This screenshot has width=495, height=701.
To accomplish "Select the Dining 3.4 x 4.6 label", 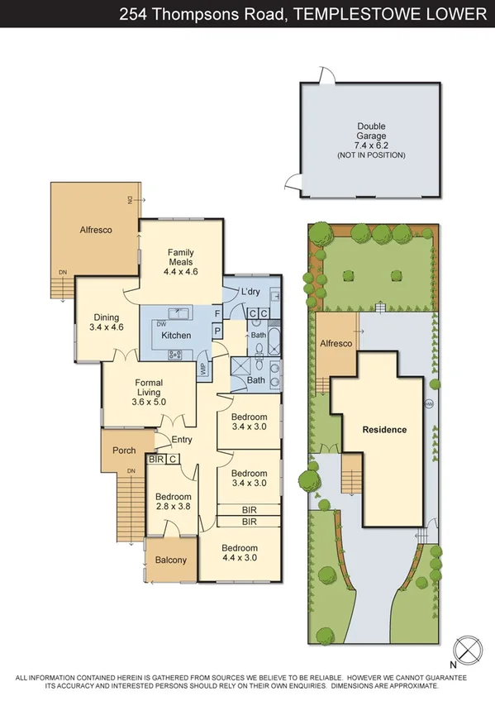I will (106, 322).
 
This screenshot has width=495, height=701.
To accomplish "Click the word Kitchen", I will (176, 336).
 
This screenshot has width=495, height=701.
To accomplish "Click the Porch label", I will (124, 451).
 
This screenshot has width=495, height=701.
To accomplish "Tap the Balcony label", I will (171, 560).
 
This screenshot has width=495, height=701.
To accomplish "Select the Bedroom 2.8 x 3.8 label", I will (172, 503).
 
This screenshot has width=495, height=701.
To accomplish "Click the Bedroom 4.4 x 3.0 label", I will (240, 553).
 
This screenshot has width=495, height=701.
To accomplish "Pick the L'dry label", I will (251, 293).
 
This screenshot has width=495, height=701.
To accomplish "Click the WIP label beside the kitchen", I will (202, 369).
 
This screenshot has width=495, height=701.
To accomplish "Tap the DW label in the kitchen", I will (162, 323).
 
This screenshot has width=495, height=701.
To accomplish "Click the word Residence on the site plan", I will (384, 430).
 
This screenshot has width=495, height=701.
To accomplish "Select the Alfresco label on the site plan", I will (336, 343).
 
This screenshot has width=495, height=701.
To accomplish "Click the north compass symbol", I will (469, 648).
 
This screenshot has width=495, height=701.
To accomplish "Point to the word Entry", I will (181, 440).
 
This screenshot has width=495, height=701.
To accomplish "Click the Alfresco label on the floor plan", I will (96, 230).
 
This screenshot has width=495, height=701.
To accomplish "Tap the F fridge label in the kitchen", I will (217, 314).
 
